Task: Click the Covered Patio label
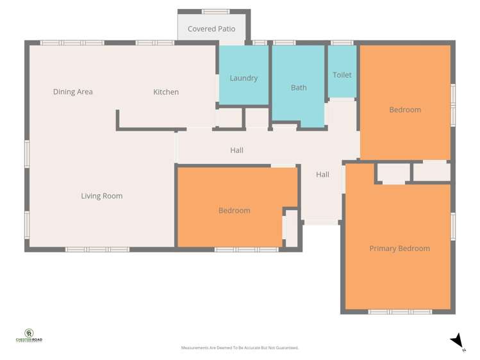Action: pyautogui.click(x=211, y=29)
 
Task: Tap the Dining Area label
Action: pyautogui.click(x=72, y=92)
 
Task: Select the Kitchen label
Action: pyautogui.click(x=165, y=92)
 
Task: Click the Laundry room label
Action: pyautogui.click(x=244, y=78)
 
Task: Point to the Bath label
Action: pyautogui.click(x=299, y=88)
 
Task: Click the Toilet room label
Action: pyautogui.click(x=342, y=75)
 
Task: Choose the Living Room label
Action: pyautogui.click(x=101, y=196)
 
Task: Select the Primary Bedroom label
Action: pyautogui.click(x=399, y=249)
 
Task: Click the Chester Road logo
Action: pyautogui.click(x=29, y=336)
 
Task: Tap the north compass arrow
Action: pyautogui.click(x=457, y=341)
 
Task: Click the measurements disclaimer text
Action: pyautogui.click(x=240, y=348)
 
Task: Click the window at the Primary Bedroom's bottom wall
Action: pyautogui.click(x=399, y=312)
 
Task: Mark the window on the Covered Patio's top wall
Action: pyautogui.click(x=215, y=12)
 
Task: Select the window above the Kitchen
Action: pyautogui.click(x=154, y=43)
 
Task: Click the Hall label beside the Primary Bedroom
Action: pyautogui.click(x=322, y=174)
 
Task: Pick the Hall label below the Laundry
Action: pyautogui.click(x=236, y=151)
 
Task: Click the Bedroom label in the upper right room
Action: pyautogui.click(x=405, y=110)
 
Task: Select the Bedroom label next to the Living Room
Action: pyautogui.click(x=234, y=211)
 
